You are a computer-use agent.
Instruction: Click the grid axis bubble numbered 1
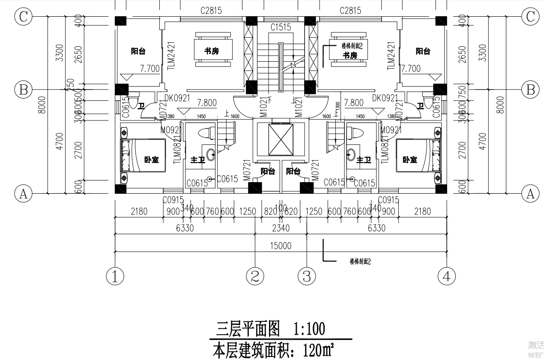click(115, 276)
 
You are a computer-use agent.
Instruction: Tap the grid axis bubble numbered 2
click(255, 276)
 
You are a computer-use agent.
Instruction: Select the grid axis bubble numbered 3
click(307, 276)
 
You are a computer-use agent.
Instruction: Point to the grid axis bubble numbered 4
click(447, 276)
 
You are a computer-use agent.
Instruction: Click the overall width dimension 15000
click(281, 246)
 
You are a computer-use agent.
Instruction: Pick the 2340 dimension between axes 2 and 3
click(281, 228)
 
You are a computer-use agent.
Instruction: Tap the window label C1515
click(281, 27)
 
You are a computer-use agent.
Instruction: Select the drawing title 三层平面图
click(248, 329)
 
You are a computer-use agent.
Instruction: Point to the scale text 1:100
click(309, 329)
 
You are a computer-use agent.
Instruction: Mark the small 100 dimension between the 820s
click(281, 208)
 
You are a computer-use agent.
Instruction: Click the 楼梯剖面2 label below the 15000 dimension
click(360, 261)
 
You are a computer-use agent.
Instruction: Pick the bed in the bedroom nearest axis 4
click(418, 155)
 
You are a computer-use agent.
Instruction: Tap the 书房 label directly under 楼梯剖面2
click(350, 55)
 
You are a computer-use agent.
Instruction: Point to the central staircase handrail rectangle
click(281, 66)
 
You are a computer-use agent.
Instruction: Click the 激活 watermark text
click(535, 345)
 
